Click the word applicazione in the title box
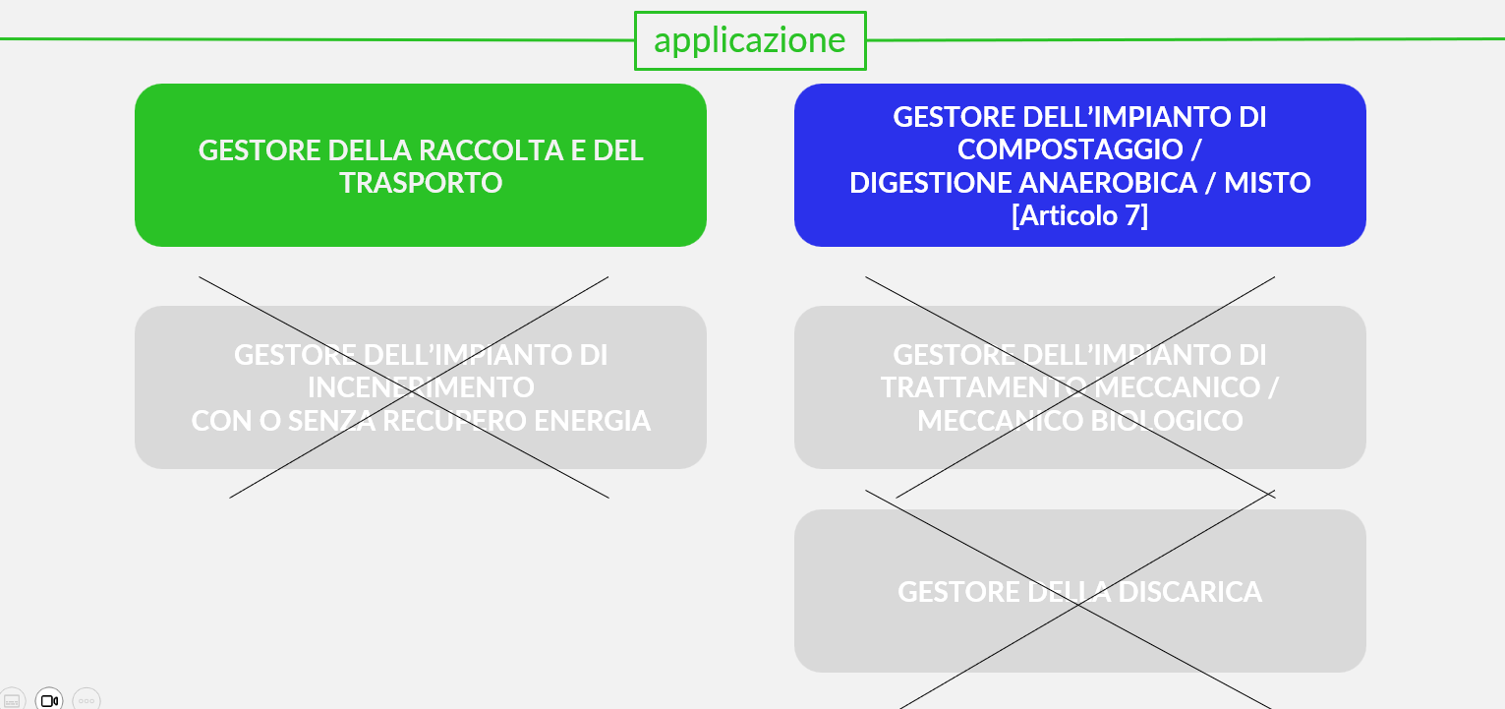(x=749, y=40)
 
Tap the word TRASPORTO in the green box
(x=421, y=183)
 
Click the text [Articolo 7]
(x=1079, y=215)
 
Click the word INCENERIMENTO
(x=421, y=387)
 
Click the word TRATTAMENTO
(x=983, y=387)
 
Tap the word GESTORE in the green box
(x=260, y=150)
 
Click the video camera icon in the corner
(x=49, y=700)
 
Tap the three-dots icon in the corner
(x=87, y=700)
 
